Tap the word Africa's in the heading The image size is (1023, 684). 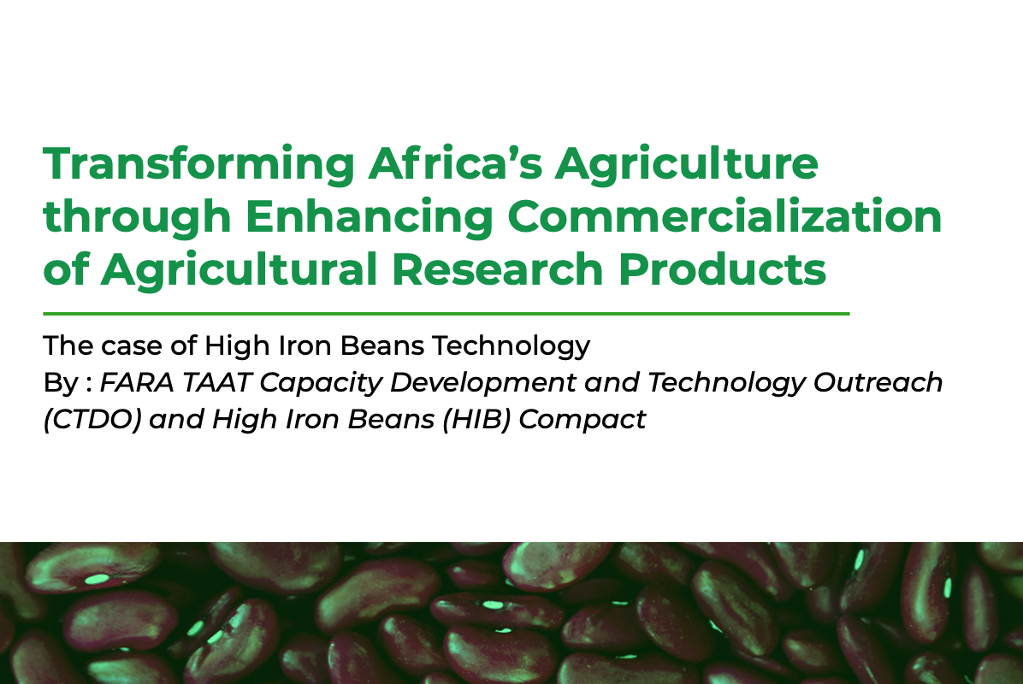(x=455, y=162)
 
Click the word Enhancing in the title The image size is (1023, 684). (x=370, y=218)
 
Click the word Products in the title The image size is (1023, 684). (x=722, y=269)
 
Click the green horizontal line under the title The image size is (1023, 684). (x=446, y=314)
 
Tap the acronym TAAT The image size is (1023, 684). (x=217, y=383)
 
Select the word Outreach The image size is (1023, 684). (x=878, y=383)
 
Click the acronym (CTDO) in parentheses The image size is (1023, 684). (x=92, y=419)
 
